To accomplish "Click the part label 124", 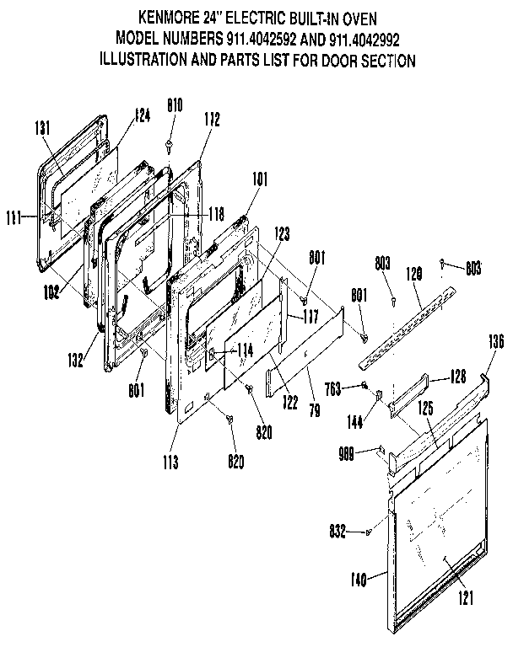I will (x=142, y=116).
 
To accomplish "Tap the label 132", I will (x=77, y=361).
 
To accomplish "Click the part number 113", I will (x=178, y=463).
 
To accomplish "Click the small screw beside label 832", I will (x=370, y=532).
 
